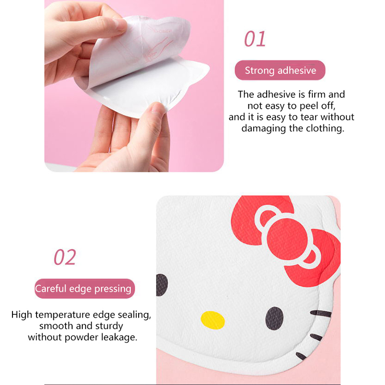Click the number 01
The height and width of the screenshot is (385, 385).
255,39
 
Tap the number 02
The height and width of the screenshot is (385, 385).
65,257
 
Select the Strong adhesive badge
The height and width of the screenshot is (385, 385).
280,70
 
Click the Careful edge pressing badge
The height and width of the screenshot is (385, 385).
85,288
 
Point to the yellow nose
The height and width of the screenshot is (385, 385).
213,320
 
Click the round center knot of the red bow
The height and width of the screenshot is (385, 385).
287,239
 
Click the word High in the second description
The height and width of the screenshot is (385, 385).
22,315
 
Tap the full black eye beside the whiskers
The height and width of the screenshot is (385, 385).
274,318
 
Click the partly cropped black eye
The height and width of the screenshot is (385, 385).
162,285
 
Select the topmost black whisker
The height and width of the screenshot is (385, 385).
321,314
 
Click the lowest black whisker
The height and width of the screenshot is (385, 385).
301,356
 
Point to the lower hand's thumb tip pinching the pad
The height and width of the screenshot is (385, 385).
158,107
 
